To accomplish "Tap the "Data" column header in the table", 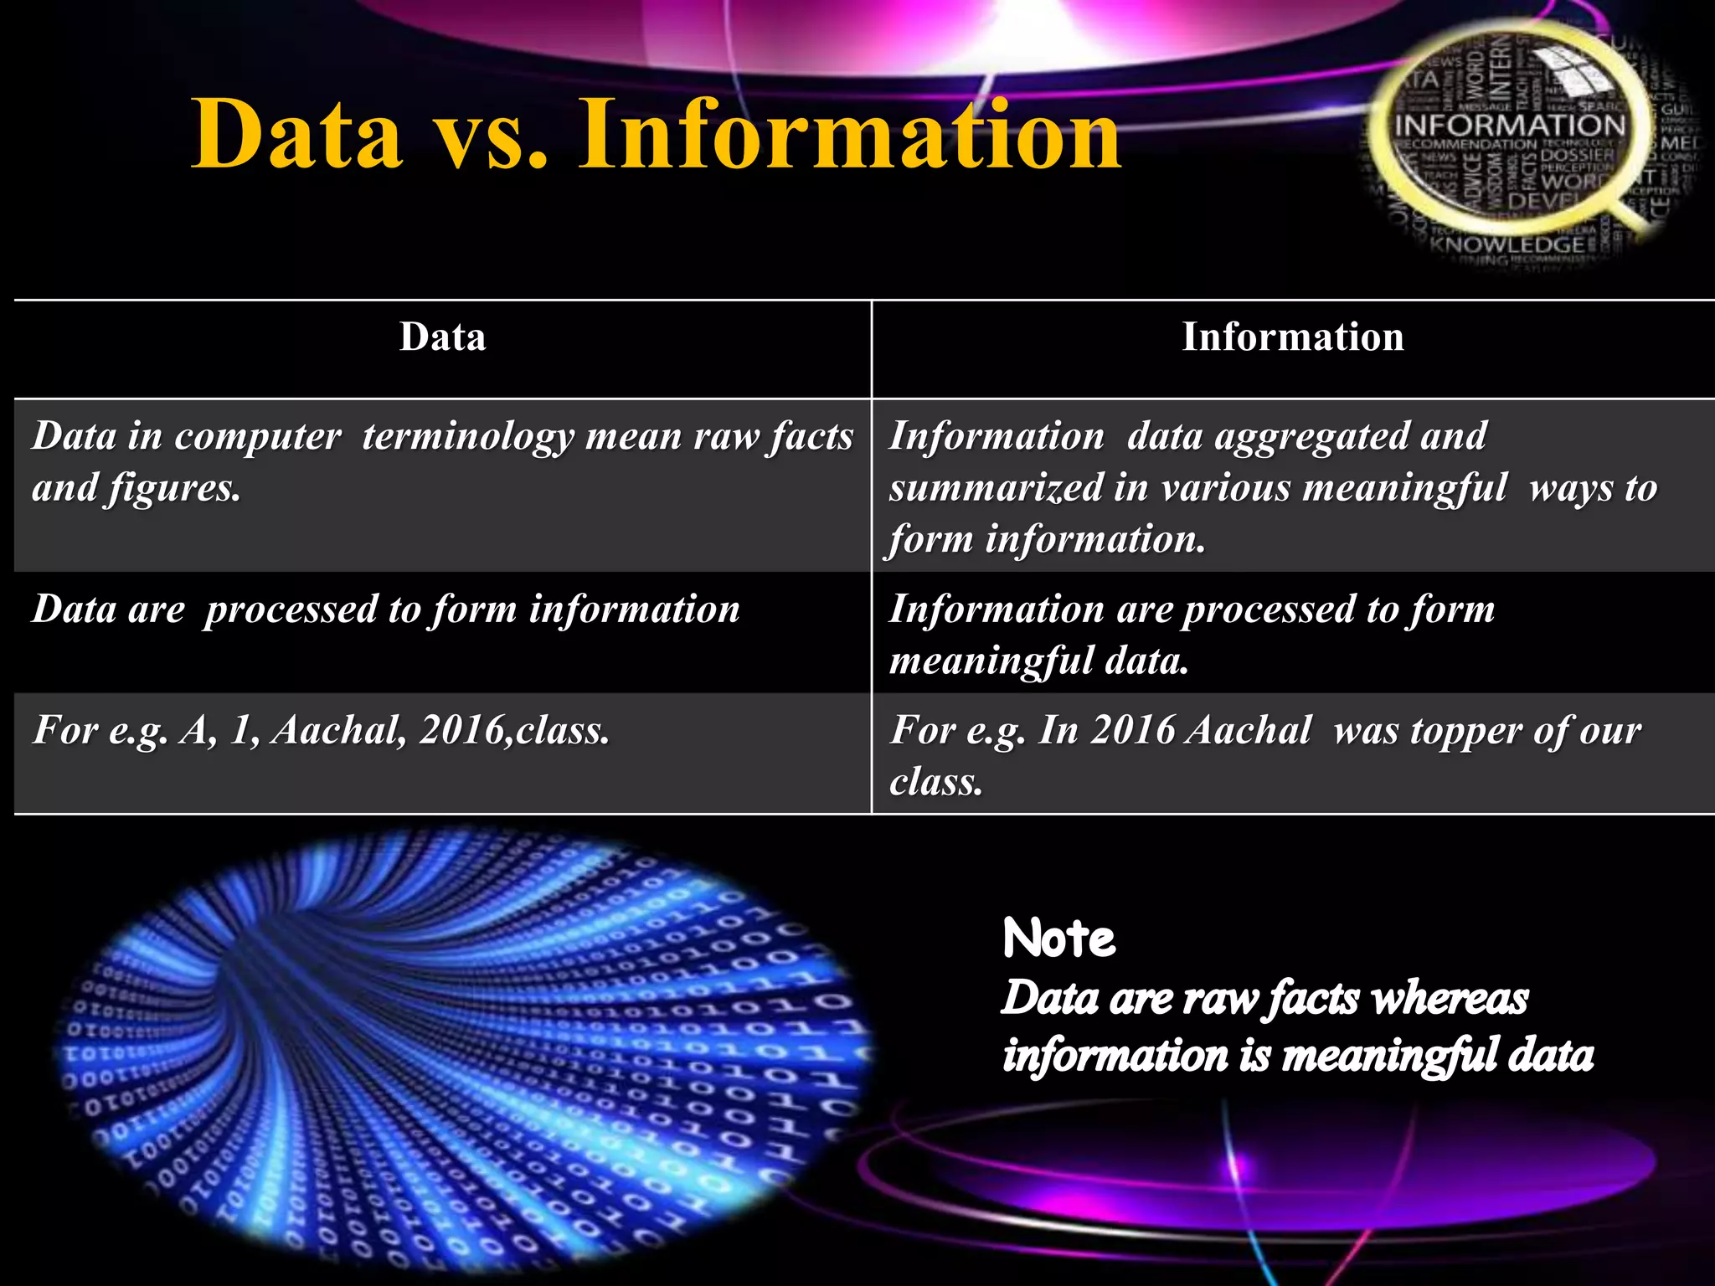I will [442, 337].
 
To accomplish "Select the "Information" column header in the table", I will [1292, 337].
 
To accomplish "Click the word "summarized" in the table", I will [996, 489].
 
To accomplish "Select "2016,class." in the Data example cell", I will [514, 731].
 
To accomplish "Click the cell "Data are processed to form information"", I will [386, 610].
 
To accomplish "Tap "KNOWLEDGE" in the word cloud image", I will [1506, 244].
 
